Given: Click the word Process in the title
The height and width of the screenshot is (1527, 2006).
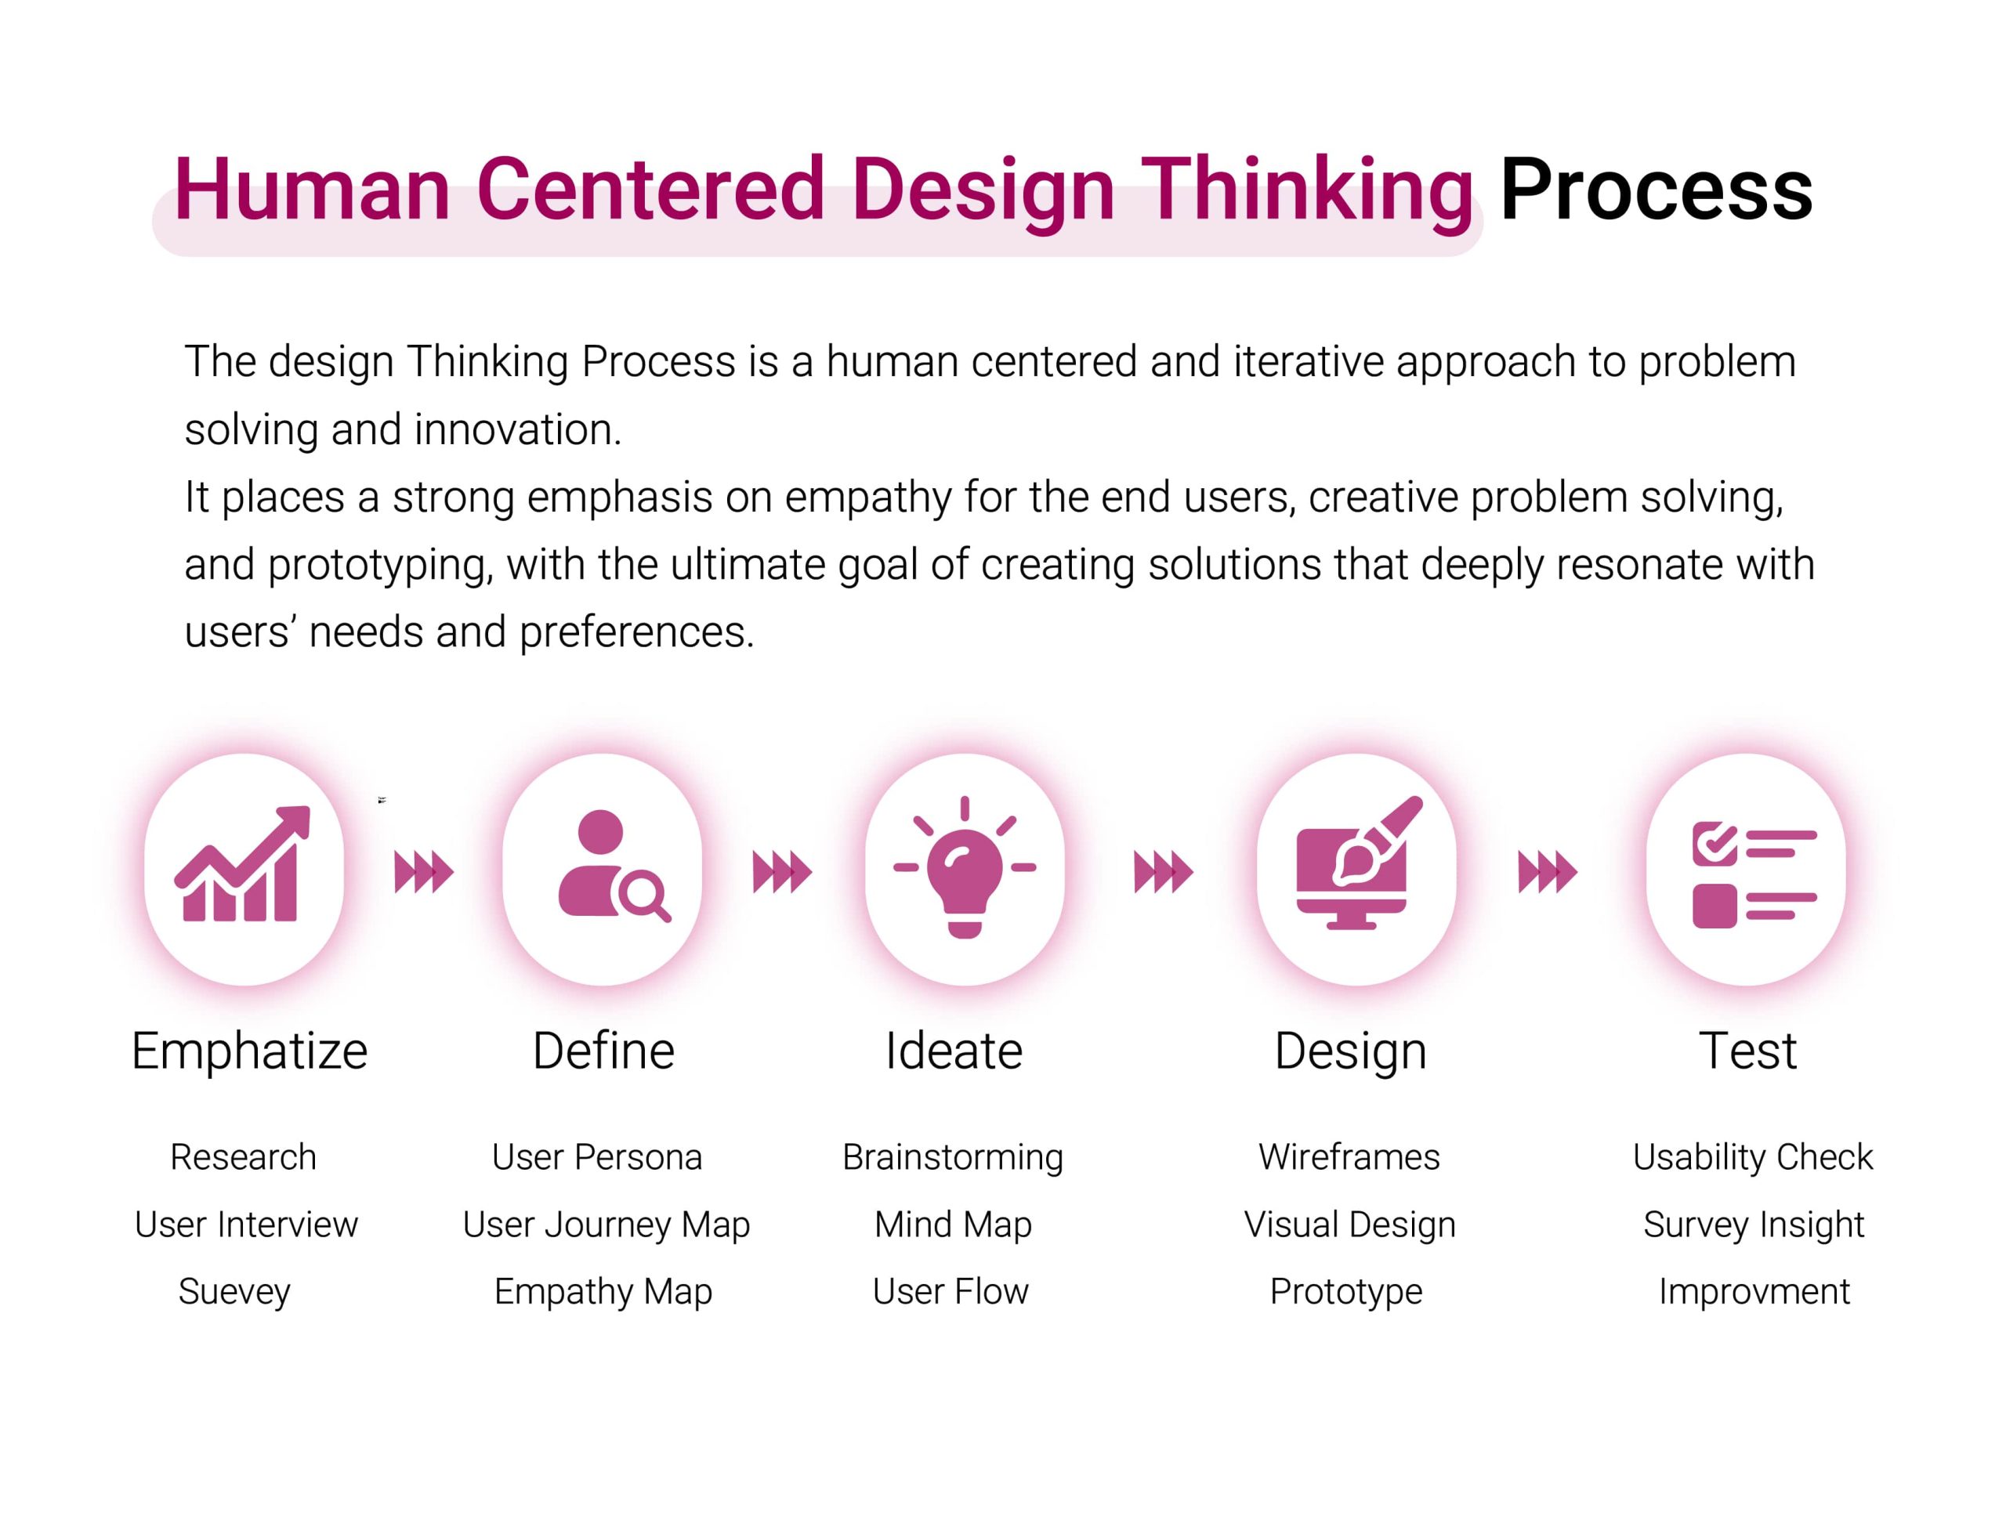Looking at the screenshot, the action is click(x=1655, y=190).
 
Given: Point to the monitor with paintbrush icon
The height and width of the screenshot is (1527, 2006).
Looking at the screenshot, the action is click(x=1357, y=863).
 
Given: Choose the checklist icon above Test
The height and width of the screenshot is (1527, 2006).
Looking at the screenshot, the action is click(x=1754, y=874).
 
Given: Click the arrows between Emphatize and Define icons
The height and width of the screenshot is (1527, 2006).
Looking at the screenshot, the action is click(x=424, y=873).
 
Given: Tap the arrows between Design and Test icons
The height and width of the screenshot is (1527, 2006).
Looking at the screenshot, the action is click(x=1547, y=873).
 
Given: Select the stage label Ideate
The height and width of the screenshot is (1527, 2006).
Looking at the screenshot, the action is click(x=954, y=1051).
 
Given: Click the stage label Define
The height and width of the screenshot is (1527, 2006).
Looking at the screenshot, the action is click(x=603, y=1051).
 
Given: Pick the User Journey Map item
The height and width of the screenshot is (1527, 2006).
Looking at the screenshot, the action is click(x=607, y=1225).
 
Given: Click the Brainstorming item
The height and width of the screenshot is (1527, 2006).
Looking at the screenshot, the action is click(x=953, y=1158).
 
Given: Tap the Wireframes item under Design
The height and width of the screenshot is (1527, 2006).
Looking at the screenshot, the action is click(x=1349, y=1157).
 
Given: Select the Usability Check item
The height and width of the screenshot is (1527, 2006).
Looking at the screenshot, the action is click(x=1752, y=1158).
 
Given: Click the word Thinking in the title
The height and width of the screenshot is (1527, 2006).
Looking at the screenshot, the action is click(x=1306, y=190).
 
